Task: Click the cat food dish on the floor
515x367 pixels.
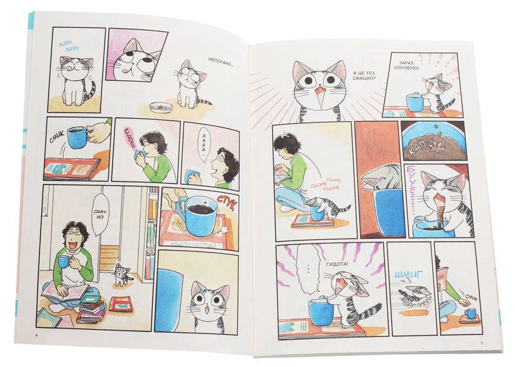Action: point(161,107)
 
